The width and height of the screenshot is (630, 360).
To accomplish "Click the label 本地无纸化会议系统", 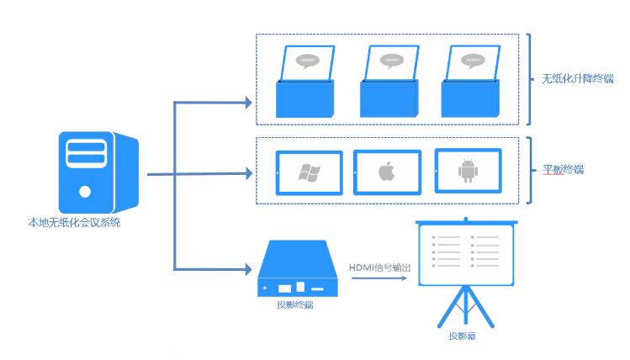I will click(74, 223).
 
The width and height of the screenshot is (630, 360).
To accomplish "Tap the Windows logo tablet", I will click(309, 173).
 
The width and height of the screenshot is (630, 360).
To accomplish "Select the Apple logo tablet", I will click(386, 173).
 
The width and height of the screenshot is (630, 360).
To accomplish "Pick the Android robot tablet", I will click(467, 172).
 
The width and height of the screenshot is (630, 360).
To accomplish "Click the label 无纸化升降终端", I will click(578, 79).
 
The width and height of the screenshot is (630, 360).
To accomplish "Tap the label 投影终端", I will click(294, 305).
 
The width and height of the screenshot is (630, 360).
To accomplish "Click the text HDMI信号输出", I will click(380, 267).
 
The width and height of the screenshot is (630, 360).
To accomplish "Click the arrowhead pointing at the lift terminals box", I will click(247, 103).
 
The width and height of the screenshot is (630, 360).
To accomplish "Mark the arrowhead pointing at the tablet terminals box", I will click(247, 174).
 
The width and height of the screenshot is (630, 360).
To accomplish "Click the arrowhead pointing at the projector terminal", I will click(247, 270).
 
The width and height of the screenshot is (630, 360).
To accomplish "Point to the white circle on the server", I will click(84, 191).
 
